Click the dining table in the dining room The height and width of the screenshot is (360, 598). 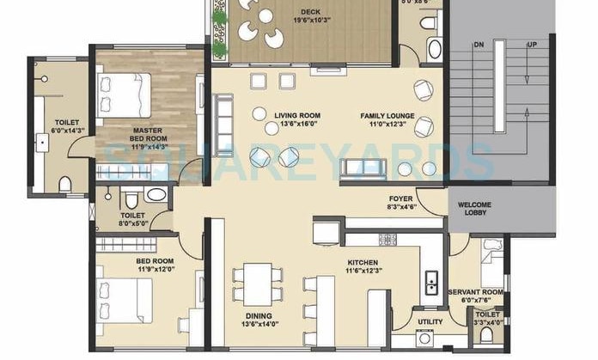click(258, 284)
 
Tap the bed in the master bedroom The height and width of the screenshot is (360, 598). click(125, 88)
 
